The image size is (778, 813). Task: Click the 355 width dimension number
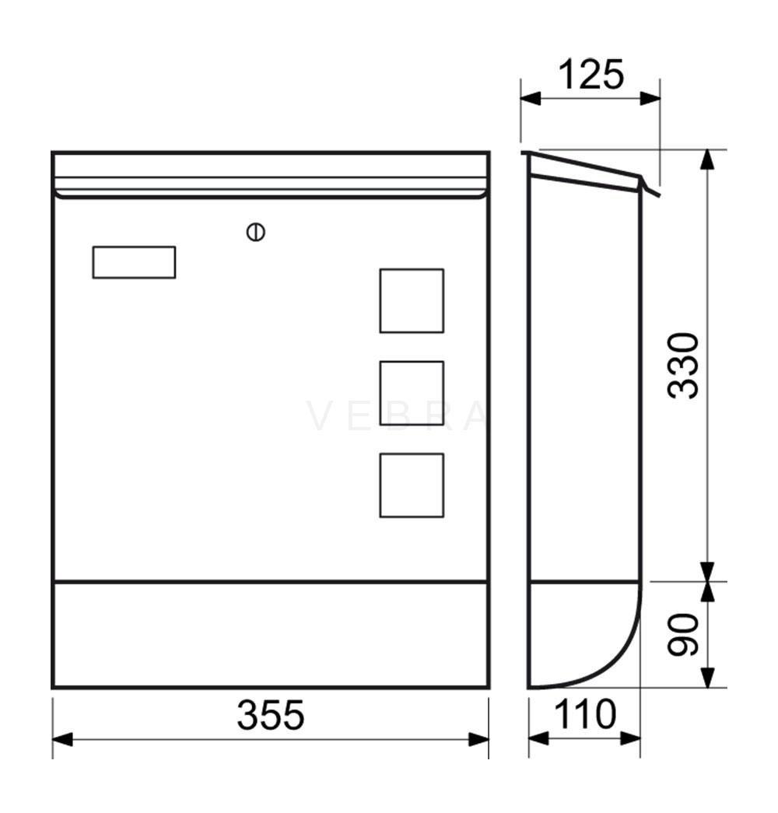click(270, 715)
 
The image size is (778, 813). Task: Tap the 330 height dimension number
click(683, 366)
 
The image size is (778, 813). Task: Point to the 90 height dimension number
click(683, 635)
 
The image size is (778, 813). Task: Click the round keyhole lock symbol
click(256, 232)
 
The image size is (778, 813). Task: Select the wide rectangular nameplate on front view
click(135, 262)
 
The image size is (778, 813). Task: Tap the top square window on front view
click(412, 301)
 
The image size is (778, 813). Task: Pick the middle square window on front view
click(412, 393)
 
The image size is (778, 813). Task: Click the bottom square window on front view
click(412, 485)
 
